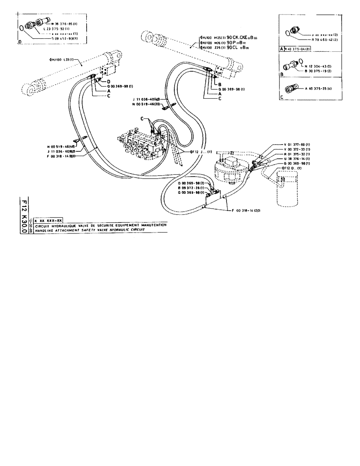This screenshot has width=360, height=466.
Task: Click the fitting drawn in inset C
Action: (x=293, y=89)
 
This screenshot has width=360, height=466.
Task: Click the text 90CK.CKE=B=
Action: (x=241, y=36)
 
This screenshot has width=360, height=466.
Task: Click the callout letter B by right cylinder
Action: (x=218, y=84)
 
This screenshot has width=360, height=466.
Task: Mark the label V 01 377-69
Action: (x=298, y=145)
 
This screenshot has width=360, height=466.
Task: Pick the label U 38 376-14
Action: (x=298, y=158)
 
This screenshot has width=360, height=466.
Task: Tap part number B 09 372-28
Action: (x=192, y=188)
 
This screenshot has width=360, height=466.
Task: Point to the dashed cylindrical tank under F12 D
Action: (x=286, y=189)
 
